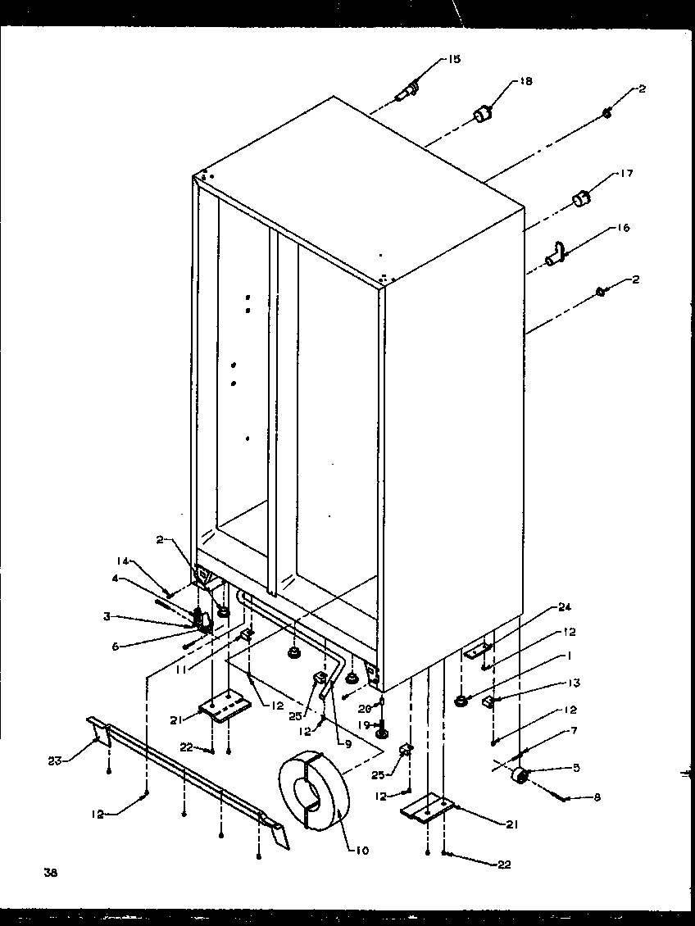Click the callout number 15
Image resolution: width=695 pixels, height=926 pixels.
454,59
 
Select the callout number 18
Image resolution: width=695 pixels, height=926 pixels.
525,81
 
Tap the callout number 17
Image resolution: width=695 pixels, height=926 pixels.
627,174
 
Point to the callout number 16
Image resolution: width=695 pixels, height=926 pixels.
624,229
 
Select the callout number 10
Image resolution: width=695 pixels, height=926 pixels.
361,851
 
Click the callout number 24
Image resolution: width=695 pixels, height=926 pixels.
565,607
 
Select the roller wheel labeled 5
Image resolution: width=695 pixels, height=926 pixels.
519,775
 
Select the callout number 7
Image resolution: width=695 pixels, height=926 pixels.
574,730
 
